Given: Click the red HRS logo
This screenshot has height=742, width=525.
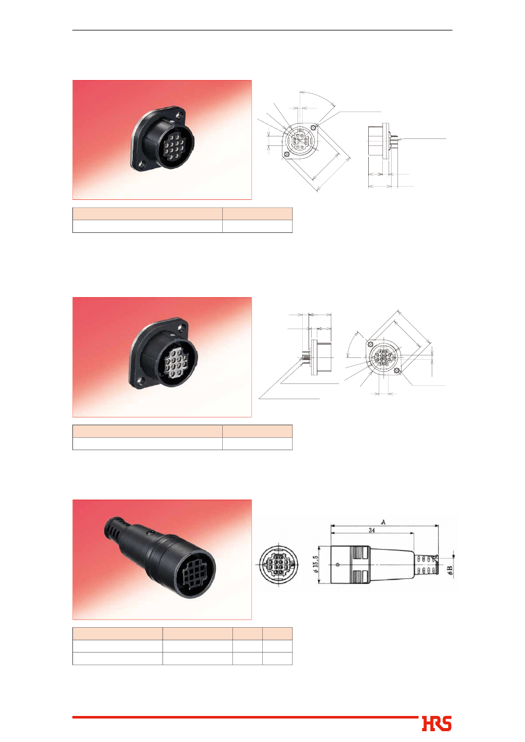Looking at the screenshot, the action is [x=437, y=724].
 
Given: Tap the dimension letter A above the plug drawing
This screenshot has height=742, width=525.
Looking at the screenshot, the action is [x=383, y=522].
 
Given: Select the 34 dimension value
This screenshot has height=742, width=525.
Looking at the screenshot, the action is [x=371, y=531].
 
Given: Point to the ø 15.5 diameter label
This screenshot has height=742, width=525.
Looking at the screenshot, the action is [x=316, y=564].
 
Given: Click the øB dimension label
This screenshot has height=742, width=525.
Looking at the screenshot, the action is [x=449, y=571].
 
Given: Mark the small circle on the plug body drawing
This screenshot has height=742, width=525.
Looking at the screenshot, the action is [x=337, y=564].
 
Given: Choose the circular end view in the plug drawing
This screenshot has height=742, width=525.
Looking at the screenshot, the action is [x=279, y=565].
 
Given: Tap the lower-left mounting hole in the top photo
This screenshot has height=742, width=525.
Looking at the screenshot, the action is [x=140, y=165].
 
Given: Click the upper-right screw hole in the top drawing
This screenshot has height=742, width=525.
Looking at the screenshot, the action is [x=314, y=128].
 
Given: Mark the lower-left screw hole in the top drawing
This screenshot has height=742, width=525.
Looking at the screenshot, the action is [x=286, y=154].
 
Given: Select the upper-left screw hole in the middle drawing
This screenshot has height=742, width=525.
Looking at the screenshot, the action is [x=371, y=343].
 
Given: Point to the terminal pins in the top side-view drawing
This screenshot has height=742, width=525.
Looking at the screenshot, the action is [x=394, y=140].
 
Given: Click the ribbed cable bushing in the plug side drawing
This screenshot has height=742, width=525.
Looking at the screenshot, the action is [x=425, y=564].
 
